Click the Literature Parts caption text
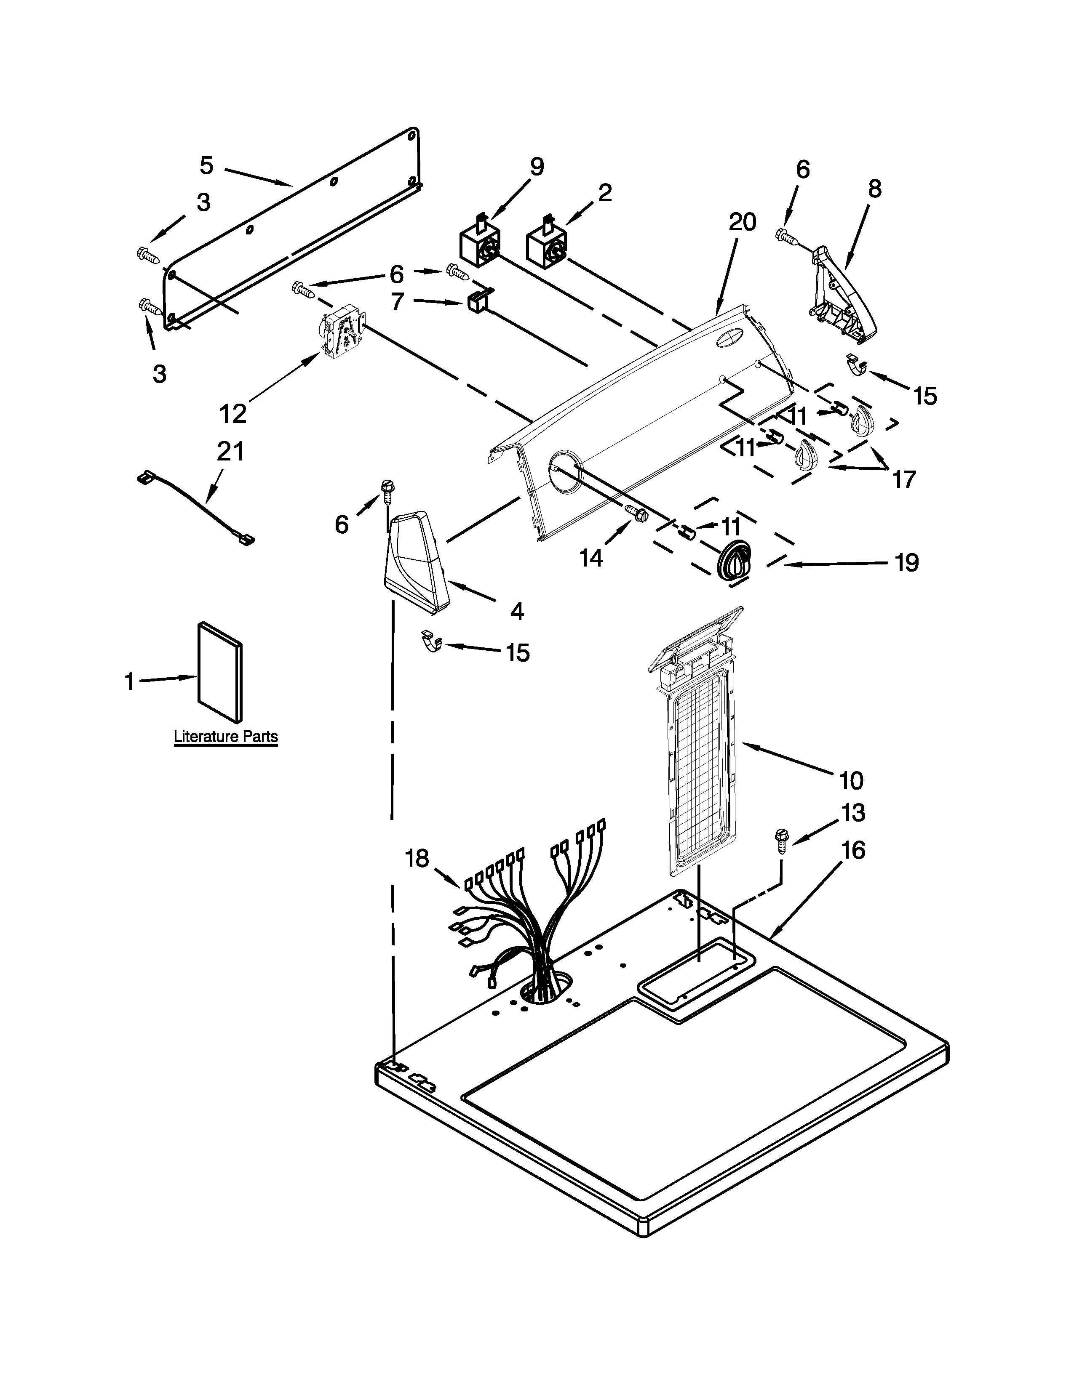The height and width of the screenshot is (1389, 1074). click(226, 737)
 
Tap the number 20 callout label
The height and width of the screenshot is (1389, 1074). click(742, 223)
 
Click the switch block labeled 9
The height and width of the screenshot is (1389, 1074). click(479, 245)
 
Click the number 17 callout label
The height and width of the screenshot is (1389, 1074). click(903, 479)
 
